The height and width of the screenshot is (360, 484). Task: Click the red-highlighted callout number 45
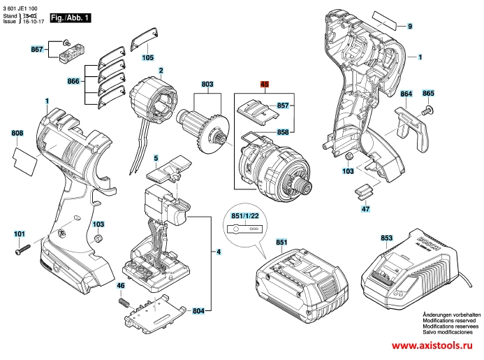coord(265,84)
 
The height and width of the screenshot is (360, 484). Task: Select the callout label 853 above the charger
coord(387,238)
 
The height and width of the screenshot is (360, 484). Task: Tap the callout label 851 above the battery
coord(281,243)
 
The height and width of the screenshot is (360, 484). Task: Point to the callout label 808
coord(17,133)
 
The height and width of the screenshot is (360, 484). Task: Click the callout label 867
coord(37,49)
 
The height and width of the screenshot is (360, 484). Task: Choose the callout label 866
coord(73,82)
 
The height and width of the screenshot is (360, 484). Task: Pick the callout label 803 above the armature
coord(207,85)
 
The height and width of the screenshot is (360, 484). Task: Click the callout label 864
coord(406,94)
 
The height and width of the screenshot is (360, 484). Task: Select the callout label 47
coord(365,209)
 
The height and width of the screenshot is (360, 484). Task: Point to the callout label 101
coord(19,233)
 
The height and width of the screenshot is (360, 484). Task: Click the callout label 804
coord(199,310)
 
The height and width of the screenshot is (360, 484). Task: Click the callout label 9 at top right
coord(410,26)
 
